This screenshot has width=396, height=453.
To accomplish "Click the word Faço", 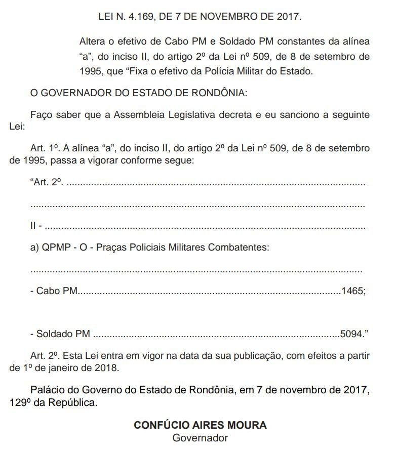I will pyautogui.click(x=42, y=115).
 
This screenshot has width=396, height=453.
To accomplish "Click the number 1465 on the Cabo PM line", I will pyautogui.click(x=352, y=292).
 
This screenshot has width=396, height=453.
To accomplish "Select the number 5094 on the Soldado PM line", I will pyautogui.click(x=351, y=334).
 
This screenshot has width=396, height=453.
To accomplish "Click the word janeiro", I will pyautogui.click(x=66, y=367).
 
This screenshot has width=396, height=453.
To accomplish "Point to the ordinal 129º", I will pyautogui.click(x=19, y=403).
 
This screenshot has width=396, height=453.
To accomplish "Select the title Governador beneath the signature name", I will pyautogui.click(x=200, y=438).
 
